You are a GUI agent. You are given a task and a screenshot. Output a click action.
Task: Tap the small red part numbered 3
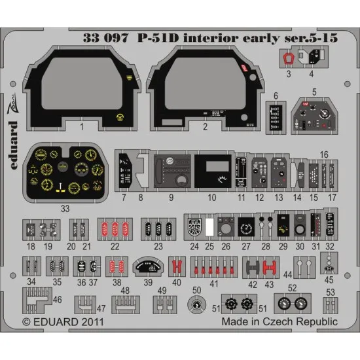coord(286,58)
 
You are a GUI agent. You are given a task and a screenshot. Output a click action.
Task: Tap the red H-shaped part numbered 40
coord(175,267)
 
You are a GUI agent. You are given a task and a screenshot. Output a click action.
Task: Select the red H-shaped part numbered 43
coord(269,267)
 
